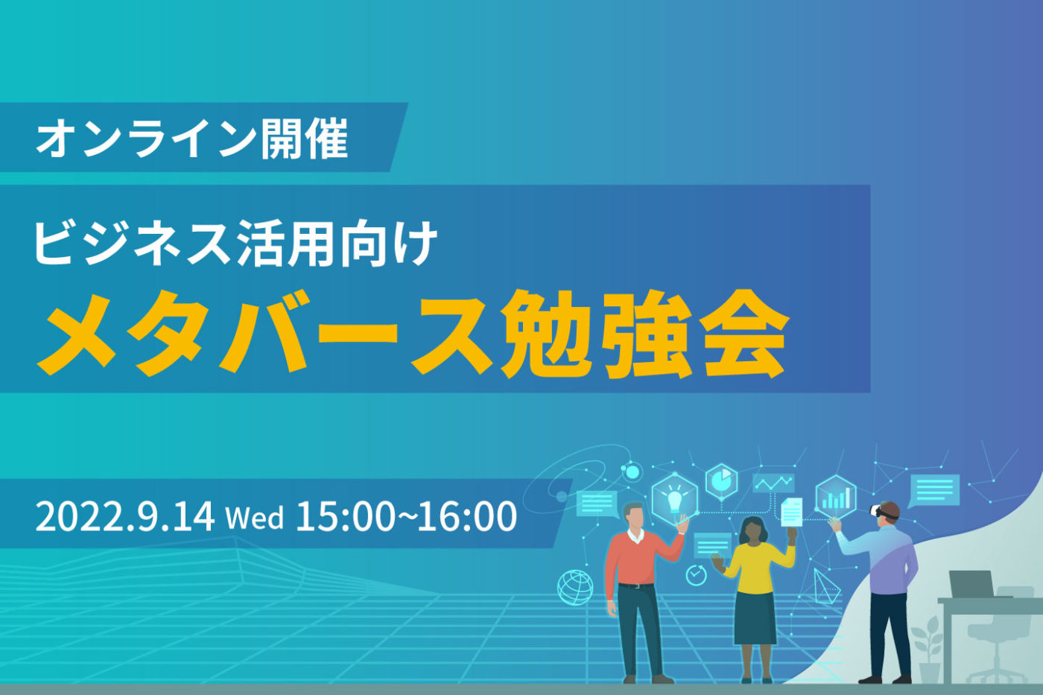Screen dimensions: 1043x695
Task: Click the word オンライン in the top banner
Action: (x=146, y=139)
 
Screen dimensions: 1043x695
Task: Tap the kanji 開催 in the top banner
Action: (x=304, y=139)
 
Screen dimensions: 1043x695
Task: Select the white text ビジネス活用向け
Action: (x=235, y=244)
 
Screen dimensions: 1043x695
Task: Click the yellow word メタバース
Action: (x=264, y=332)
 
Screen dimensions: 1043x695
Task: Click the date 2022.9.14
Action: (x=125, y=516)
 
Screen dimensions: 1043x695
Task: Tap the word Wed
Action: (x=254, y=518)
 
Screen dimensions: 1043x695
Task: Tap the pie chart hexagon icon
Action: (x=721, y=481)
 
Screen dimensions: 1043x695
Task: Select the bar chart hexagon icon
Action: (x=836, y=497)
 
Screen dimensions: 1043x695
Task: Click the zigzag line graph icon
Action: (x=773, y=483)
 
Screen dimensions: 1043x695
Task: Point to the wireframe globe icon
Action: (x=575, y=588)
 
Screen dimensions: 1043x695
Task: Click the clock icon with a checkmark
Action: (x=696, y=575)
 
